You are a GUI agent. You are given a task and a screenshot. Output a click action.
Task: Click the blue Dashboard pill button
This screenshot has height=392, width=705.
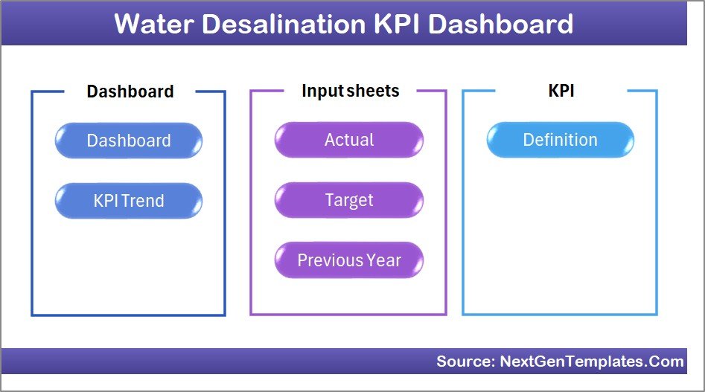[128, 141]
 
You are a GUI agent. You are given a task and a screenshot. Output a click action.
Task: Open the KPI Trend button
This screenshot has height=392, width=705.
[128, 201]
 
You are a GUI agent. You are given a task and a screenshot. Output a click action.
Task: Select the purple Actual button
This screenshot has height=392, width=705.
[348, 140]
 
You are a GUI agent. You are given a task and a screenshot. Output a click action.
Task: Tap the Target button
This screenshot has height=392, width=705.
[348, 200]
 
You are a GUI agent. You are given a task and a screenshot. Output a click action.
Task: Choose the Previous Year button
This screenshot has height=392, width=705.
[348, 260]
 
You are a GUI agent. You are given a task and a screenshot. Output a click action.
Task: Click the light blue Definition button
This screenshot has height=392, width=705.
[560, 140]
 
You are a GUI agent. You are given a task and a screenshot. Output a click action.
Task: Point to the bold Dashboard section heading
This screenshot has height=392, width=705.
[130, 91]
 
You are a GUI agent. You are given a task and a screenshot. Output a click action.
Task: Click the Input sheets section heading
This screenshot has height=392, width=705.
[350, 91]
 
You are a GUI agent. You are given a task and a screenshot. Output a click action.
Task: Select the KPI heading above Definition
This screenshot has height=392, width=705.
[561, 91]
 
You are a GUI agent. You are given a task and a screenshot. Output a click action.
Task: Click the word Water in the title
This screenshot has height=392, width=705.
[156, 24]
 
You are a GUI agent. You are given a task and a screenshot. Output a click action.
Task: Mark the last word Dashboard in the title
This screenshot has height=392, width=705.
[500, 24]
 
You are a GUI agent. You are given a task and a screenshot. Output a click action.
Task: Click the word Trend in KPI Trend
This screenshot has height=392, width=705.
[144, 201]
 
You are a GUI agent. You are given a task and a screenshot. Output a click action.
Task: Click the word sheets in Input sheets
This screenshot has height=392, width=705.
[372, 91]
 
